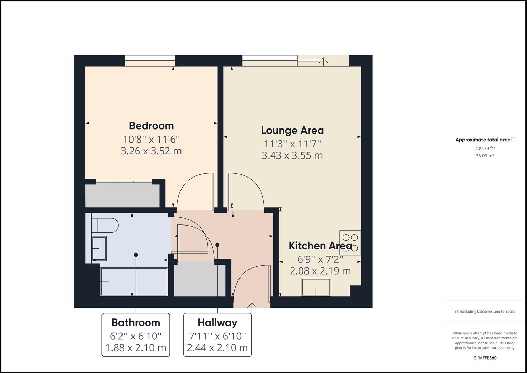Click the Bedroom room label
[x=151, y=126]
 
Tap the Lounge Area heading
[x=292, y=131]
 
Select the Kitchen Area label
[x=320, y=246]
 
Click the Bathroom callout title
[x=136, y=323]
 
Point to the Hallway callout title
[x=217, y=323]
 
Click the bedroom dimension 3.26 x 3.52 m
[x=151, y=151]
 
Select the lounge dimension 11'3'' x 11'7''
[x=292, y=143]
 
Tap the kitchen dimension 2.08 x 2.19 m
[x=320, y=271]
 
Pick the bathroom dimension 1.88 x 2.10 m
[x=136, y=347]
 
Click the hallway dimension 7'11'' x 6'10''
[x=217, y=336]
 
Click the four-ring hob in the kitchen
[x=350, y=242]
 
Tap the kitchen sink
[x=316, y=287]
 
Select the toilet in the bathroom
[x=105, y=226]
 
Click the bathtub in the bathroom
[x=134, y=282]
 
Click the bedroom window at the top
[x=150, y=60]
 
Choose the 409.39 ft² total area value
[x=485, y=149]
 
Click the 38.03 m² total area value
[x=485, y=156]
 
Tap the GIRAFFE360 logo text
[x=485, y=358]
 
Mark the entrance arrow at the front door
[x=252, y=306]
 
